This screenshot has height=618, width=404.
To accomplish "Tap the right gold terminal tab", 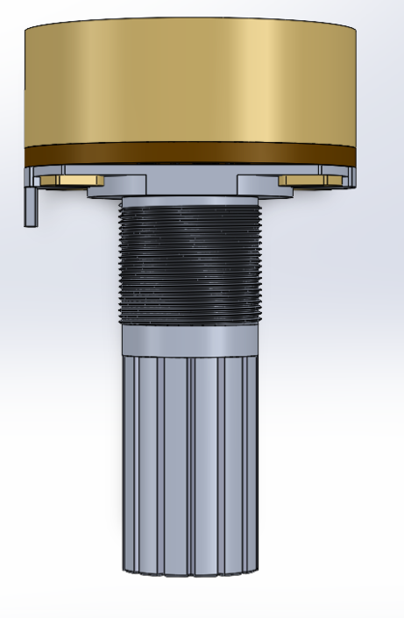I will click(307, 180).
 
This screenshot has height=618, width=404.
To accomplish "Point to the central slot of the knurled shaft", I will click(190, 463).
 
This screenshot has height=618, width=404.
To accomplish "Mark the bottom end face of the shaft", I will click(189, 571).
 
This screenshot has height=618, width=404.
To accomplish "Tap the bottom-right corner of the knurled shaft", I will click(257, 568).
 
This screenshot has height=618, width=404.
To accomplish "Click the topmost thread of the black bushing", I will click(189, 205).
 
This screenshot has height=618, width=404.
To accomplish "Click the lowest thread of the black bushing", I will click(189, 319).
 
